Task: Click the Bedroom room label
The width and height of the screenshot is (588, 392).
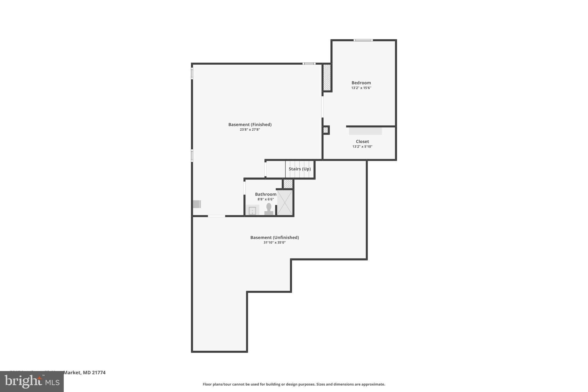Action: pyautogui.click(x=361, y=83)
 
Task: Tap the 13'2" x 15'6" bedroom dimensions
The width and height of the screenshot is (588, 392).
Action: pyautogui.click(x=361, y=88)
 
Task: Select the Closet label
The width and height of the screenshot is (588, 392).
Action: pyautogui.click(x=362, y=141)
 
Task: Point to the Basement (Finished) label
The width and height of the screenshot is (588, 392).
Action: pyautogui.click(x=250, y=124)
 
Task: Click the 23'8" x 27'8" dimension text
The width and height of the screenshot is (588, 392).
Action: pyautogui.click(x=250, y=130)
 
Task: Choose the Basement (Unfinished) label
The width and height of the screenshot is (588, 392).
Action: pyautogui.click(x=274, y=237)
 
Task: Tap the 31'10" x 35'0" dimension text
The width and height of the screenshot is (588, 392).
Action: pyautogui.click(x=274, y=243)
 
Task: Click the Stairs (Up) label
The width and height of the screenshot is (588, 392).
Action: pyautogui.click(x=299, y=169)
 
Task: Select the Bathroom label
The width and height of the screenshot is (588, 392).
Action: pyautogui.click(x=266, y=194)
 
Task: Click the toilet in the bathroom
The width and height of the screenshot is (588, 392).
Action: pyautogui.click(x=269, y=209)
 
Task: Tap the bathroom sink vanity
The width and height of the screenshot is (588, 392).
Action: pyautogui.click(x=252, y=210)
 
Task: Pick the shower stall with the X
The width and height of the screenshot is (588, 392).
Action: pyautogui.click(x=285, y=202)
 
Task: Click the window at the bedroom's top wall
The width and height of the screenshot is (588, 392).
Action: pyautogui.click(x=363, y=40)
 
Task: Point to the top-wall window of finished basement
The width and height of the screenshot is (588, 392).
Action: pyautogui.click(x=309, y=63)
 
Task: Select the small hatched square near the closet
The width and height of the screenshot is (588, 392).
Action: pyautogui.click(x=326, y=130)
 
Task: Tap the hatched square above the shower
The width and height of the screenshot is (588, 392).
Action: pyautogui.click(x=288, y=184)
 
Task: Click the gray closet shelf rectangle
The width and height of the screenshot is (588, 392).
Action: pyautogui.click(x=365, y=131)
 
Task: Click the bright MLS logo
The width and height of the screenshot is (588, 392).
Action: pyautogui.click(x=32, y=381)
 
